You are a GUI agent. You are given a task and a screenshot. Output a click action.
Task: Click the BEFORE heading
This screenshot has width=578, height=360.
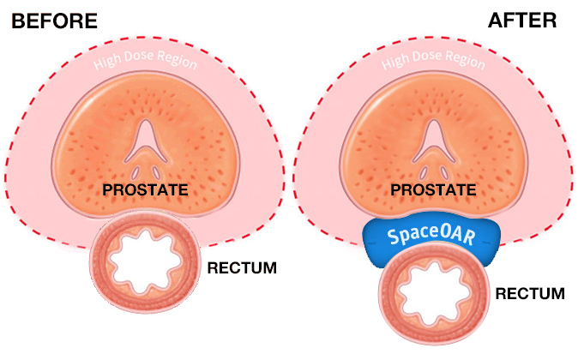click(54, 20)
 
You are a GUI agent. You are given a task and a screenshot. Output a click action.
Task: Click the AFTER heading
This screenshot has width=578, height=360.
click(522, 20)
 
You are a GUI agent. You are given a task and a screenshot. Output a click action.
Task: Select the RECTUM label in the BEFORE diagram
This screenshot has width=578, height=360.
click(243, 268)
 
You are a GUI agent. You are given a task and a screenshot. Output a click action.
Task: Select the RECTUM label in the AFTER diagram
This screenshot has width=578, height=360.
click(531, 294)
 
